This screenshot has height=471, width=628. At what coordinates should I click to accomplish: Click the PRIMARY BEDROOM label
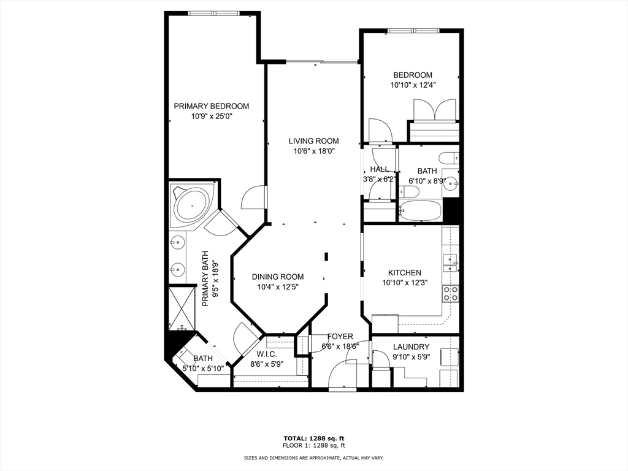pyautogui.click(x=211, y=105)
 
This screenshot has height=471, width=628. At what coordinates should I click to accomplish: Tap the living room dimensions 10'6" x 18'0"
pyautogui.click(x=313, y=151)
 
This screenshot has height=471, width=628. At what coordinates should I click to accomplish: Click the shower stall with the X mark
pyautogui.click(x=183, y=306)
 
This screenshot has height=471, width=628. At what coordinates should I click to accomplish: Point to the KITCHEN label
pyautogui.click(x=404, y=273)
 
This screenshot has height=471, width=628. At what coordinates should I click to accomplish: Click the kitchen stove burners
pyautogui.click(x=451, y=294)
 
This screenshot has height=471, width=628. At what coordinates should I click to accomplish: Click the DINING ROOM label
pyautogui.click(x=277, y=277)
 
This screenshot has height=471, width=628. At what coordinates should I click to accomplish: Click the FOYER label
pyautogui.click(x=340, y=337)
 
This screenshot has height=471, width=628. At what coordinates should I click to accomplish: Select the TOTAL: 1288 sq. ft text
pyautogui.click(x=313, y=438)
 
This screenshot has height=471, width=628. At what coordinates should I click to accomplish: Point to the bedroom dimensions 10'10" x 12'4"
pyautogui.click(x=412, y=85)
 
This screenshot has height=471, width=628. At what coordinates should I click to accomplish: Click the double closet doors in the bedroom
pyautogui.click(x=434, y=110)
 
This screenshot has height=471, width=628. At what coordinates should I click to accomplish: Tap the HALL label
pyautogui.click(x=379, y=169)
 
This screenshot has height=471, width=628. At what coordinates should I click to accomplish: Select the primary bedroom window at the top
pyautogui.click(x=213, y=13)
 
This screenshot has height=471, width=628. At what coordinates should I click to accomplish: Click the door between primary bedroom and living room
pyautogui.click(x=253, y=199)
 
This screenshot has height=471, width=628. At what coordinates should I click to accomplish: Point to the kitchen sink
pyautogui.click(x=452, y=263)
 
